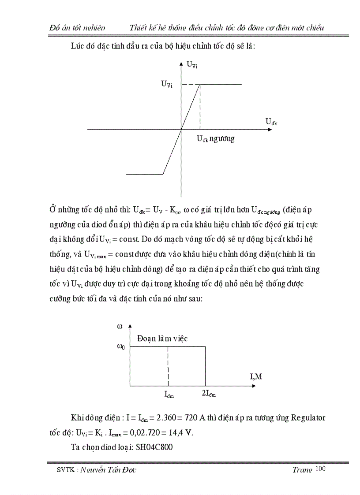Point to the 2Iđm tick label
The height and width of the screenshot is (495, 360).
(209, 394)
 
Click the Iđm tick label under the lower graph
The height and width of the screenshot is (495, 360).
(169, 395)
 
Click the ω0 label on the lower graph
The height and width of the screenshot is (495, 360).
(121, 346)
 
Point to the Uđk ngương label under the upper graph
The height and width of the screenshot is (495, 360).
(215, 139)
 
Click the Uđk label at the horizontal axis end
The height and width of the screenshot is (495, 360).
(271, 122)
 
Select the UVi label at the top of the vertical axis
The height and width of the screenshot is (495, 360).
(192, 65)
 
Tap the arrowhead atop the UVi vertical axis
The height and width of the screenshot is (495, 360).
(181, 64)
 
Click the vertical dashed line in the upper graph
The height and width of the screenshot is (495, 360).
(200, 106)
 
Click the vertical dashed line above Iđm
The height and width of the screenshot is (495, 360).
(169, 366)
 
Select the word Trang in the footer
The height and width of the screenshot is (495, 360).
(302, 470)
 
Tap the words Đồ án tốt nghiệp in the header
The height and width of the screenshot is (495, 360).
(78, 28)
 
